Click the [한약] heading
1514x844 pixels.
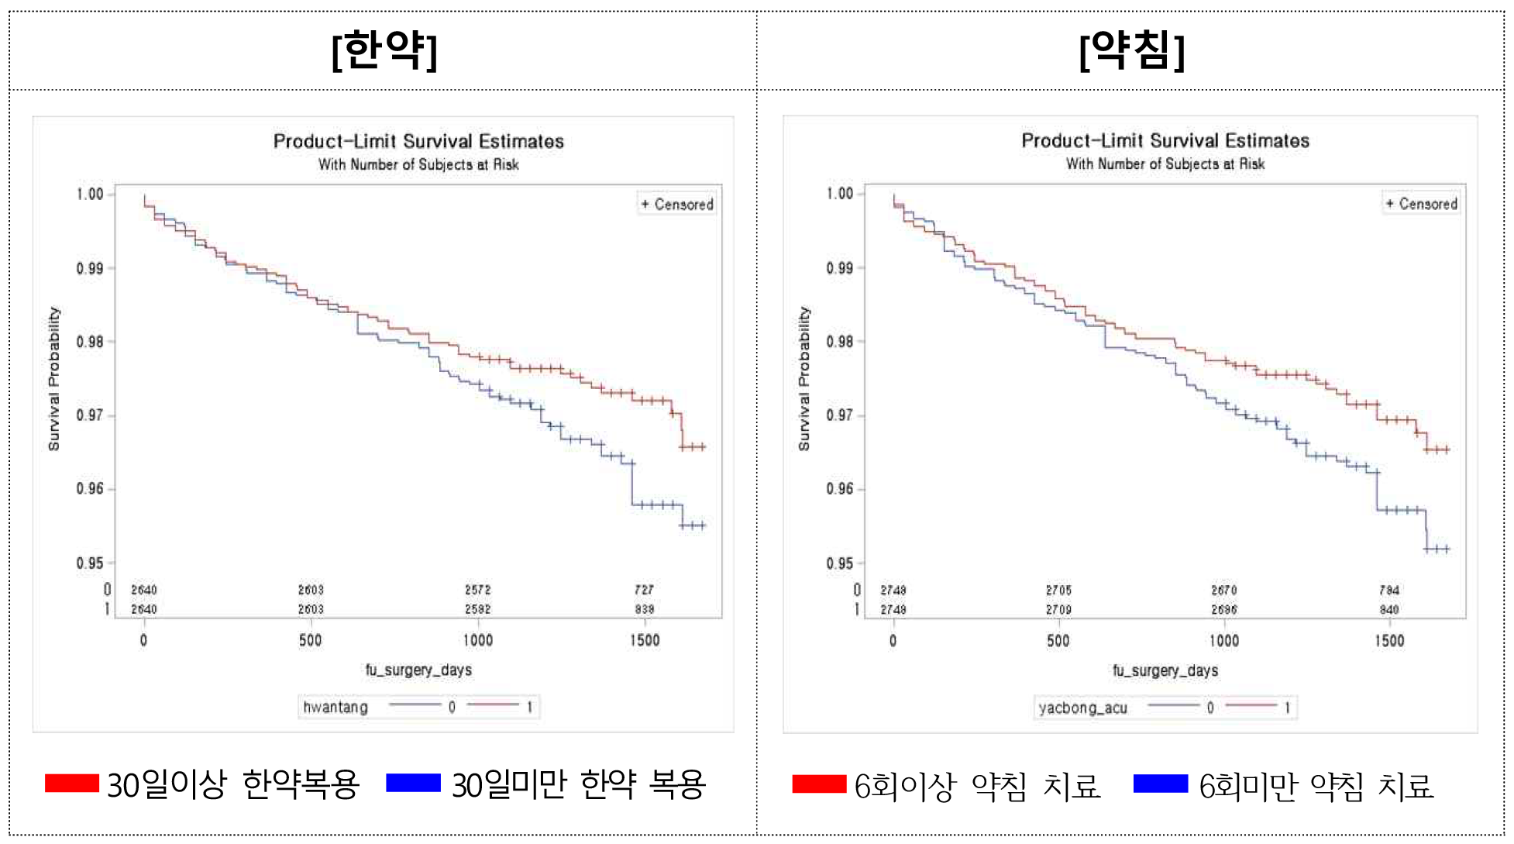pyautogui.click(x=384, y=50)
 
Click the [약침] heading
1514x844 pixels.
pyautogui.click(x=1131, y=50)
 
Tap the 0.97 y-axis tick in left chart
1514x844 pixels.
pyautogui.click(x=90, y=415)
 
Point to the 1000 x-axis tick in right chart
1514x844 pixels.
pyautogui.click(x=1224, y=641)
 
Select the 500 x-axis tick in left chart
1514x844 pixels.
pyautogui.click(x=311, y=640)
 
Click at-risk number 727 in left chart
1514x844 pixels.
pyautogui.click(x=644, y=590)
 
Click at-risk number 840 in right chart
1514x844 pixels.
pyautogui.click(x=1389, y=609)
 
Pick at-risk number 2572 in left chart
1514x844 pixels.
pyautogui.click(x=478, y=590)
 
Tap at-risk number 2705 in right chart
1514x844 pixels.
pyautogui.click(x=1058, y=590)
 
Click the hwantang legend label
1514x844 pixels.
pyautogui.click(x=335, y=707)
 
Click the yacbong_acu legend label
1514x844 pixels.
pyautogui.click(x=1082, y=708)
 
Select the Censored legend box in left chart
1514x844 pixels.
pyautogui.click(x=677, y=205)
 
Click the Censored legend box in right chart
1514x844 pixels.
pyautogui.click(x=1422, y=204)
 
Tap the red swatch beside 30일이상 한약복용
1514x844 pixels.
pyautogui.click(x=72, y=784)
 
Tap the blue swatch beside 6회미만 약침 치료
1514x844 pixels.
pyautogui.click(x=1160, y=784)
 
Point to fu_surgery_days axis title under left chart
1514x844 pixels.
pyautogui.click(x=418, y=670)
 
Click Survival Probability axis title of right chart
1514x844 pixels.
pyautogui.click(x=804, y=378)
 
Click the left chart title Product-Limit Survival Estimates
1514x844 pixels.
pyautogui.click(x=418, y=141)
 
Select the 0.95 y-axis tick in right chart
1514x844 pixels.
pyautogui.click(x=840, y=563)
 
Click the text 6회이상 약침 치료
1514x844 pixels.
pyautogui.click(x=977, y=786)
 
